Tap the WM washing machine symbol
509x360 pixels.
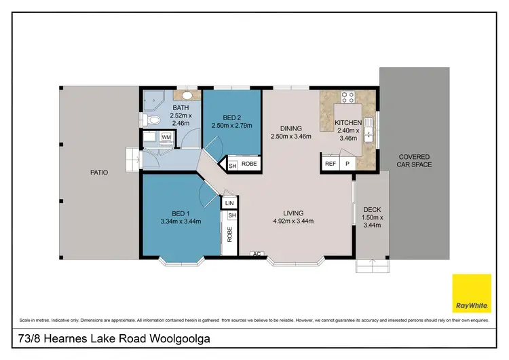pos(166,137)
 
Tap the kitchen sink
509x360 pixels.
pos(368,132)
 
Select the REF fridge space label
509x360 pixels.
pos(331,164)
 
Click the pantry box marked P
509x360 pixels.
pos(347,164)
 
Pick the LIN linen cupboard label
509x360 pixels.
pos(229,202)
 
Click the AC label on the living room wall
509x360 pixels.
pos(257,254)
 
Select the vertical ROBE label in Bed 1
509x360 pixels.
pos(230,234)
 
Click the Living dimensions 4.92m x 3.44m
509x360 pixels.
pos(293,221)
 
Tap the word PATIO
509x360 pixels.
pos(99,173)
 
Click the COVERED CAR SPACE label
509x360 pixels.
pos(414,161)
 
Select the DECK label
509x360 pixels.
pos(372,209)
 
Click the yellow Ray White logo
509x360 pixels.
pos(472,293)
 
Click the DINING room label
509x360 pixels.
pos(290,127)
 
